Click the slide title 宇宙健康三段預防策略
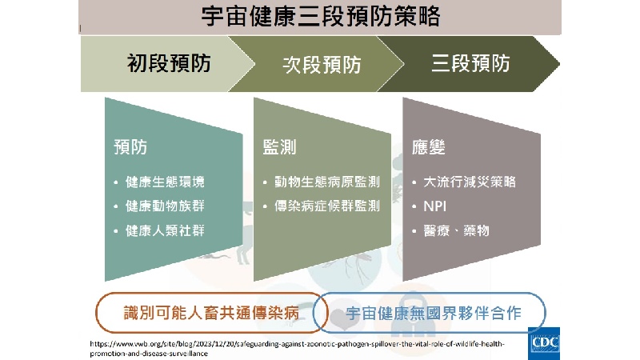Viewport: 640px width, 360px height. click(321, 17)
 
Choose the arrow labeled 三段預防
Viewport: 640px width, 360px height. click(469, 64)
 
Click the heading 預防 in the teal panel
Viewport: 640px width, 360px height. click(130, 147)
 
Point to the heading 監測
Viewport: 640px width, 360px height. click(279, 147)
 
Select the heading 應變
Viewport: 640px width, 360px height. click(429, 147)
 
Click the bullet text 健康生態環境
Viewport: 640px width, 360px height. click(165, 182)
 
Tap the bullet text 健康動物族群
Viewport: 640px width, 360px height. click(165, 206)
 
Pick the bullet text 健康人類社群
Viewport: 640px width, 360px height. click(165, 230)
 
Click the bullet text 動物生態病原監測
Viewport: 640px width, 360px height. click(327, 182)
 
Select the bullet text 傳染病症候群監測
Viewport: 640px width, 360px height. click(327, 206)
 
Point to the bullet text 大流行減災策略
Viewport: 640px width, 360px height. click(470, 182)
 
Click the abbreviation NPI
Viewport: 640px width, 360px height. click(434, 206)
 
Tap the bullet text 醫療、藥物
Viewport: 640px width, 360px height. click(456, 230)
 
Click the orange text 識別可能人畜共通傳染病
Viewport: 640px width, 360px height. click(211, 313)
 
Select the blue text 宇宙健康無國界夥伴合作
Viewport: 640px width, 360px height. click(434, 313)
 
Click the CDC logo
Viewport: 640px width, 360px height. click(544, 343)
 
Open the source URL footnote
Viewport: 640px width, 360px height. click(297, 349)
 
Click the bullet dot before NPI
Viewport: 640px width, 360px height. click(414, 206)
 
